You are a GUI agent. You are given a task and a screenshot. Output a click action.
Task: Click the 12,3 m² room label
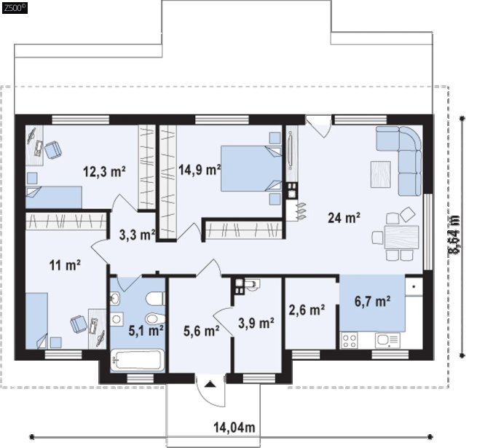[104, 172]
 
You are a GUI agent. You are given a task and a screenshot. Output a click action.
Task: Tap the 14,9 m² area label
[200, 170]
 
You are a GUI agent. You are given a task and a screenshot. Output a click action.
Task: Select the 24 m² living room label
[344, 218]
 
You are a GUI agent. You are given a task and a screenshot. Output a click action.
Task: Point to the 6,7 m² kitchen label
[373, 302]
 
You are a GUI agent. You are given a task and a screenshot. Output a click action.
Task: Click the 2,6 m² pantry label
[307, 310]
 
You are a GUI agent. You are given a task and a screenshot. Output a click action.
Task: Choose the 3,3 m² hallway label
[137, 235]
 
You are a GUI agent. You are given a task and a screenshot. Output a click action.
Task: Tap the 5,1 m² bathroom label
[146, 331]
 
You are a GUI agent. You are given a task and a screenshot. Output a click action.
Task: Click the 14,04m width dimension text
[234, 428]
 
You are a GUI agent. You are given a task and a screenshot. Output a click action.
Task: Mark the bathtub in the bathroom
[137, 361]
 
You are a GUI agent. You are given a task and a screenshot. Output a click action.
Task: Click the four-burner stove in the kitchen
[349, 340]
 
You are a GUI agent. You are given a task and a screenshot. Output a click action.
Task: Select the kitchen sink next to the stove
[387, 340]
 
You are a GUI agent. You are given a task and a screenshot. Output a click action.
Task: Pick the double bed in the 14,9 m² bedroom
[251, 168]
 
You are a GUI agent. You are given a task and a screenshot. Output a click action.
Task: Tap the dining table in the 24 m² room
[401, 237]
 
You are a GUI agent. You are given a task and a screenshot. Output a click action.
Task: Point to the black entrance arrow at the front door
[210, 385]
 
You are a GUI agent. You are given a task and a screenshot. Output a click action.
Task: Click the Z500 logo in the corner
[15, 8]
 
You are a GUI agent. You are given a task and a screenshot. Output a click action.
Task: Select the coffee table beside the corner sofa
[381, 174]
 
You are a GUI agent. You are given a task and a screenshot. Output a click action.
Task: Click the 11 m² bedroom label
[65, 265]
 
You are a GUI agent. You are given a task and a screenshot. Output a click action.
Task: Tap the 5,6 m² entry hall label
[202, 331]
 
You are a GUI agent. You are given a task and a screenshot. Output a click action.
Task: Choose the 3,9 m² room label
[256, 323]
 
